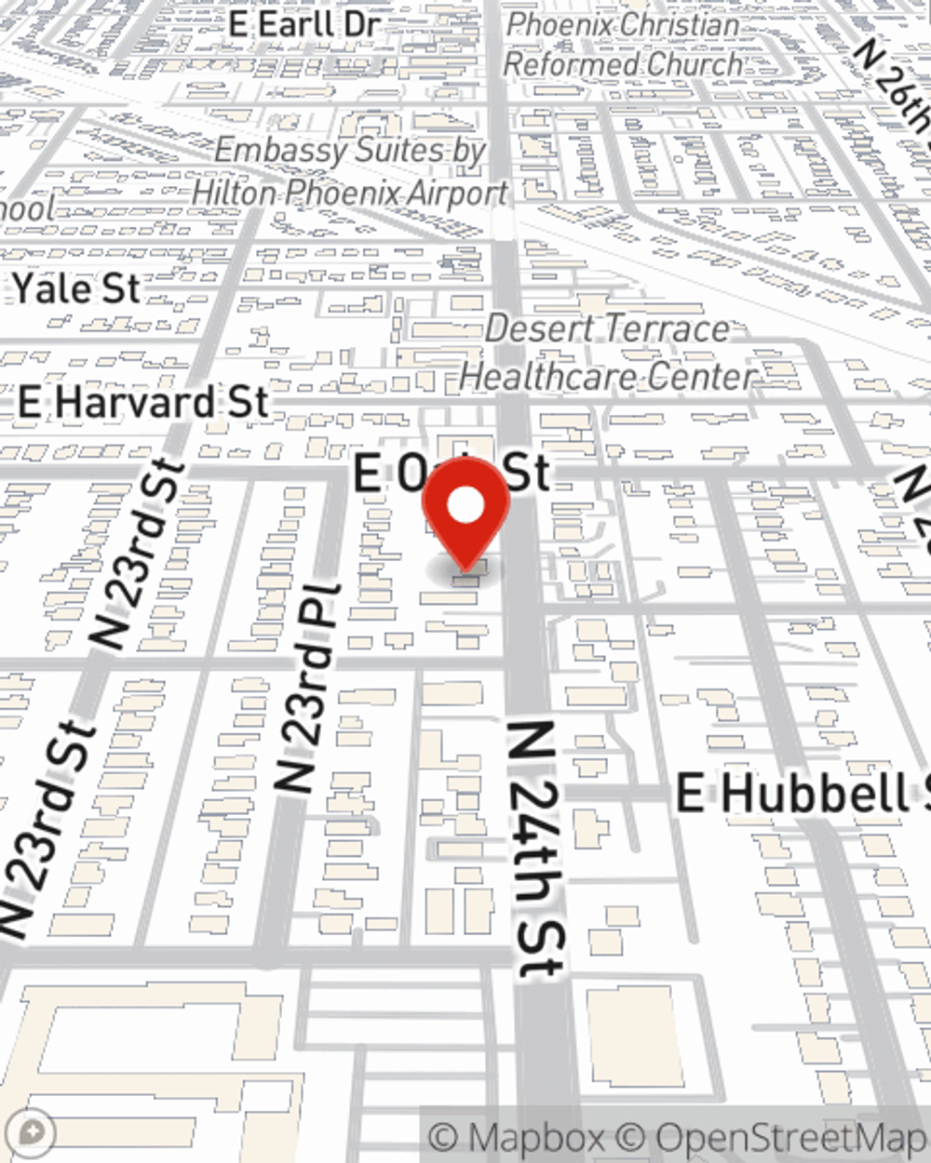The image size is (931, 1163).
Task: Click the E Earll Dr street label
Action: [x=304, y=24]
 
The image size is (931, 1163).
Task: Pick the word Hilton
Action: [x=234, y=194]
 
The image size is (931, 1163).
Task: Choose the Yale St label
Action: [x=76, y=288]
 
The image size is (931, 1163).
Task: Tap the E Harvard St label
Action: [x=143, y=403]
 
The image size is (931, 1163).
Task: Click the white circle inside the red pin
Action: [x=465, y=506]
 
